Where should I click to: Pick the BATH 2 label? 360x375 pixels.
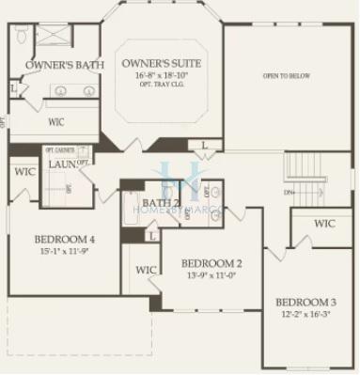click(161, 202)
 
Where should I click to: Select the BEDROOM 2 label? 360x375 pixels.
click(212, 263)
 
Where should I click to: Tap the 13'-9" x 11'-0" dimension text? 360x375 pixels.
click(212, 275)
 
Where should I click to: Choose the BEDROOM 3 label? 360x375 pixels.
click(306, 303)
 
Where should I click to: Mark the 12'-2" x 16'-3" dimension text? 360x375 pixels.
click(306, 316)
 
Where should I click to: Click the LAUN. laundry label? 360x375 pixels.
click(63, 164)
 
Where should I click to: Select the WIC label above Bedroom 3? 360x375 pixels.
click(324, 224)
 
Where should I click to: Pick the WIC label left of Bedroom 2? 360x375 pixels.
click(146, 270)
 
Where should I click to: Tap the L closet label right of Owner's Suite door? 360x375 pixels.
click(205, 144)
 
